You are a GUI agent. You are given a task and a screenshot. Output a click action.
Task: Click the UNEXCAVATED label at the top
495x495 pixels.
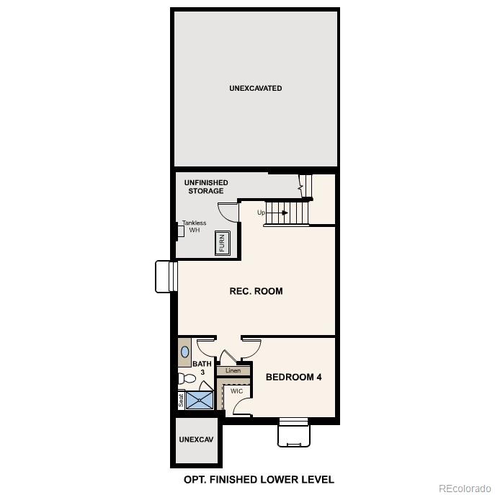(255, 89)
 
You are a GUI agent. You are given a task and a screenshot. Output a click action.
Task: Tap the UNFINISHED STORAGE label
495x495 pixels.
(206, 187)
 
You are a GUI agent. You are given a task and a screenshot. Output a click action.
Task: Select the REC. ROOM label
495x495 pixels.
(256, 292)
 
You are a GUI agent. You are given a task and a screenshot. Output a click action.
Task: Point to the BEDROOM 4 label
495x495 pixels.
(293, 377)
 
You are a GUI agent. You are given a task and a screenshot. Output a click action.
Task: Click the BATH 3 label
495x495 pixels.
(202, 367)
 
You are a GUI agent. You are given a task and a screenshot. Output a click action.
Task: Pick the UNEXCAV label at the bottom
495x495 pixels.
(197, 440)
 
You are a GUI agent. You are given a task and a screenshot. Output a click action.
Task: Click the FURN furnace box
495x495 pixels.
(222, 244)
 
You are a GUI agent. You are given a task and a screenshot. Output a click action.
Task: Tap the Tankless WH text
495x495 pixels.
(195, 226)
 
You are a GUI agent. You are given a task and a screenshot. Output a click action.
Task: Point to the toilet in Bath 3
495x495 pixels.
(186, 378)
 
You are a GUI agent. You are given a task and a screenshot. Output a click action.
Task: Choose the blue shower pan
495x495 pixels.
(200, 399)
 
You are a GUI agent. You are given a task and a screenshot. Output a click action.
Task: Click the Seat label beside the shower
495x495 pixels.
(181, 400)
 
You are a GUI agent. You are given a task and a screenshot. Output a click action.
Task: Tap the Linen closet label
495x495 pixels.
(233, 371)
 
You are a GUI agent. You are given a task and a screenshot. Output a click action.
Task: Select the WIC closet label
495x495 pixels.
(236, 391)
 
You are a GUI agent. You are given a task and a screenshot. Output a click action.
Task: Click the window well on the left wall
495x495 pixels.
(166, 276)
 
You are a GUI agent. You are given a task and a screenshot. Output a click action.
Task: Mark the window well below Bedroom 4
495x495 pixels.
(294, 433)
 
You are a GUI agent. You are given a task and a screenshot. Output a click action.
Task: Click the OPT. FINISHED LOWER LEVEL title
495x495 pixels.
(259, 479)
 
